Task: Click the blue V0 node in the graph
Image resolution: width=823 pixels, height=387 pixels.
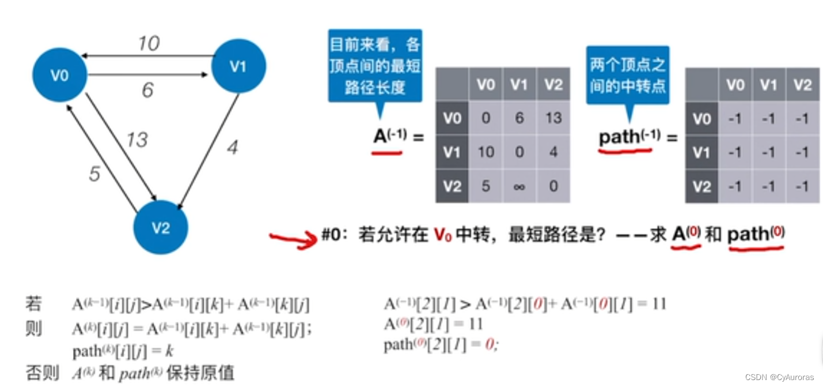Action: pos(60,75)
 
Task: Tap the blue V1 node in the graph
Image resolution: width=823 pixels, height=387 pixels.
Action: pos(238,66)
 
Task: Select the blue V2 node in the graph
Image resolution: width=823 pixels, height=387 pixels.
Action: pos(161,228)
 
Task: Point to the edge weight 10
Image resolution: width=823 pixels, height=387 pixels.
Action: pos(149,43)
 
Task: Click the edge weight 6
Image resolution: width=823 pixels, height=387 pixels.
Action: pos(148,90)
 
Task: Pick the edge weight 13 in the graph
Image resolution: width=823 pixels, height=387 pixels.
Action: pos(137,140)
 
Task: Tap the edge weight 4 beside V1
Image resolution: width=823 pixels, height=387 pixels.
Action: pos(232,148)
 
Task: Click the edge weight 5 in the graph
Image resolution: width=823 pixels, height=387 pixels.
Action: pos(94,174)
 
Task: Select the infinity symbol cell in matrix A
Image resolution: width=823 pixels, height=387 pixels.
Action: pos(519,186)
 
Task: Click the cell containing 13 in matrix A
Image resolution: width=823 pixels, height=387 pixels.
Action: pos(553,118)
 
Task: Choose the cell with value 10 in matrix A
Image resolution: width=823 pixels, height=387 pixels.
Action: pos(486,152)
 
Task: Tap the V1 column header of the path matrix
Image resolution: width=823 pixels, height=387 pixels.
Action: pos(768,85)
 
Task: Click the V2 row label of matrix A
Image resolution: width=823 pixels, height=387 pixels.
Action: pos(452,186)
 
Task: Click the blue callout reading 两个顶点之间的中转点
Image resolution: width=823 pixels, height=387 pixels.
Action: pos(628,76)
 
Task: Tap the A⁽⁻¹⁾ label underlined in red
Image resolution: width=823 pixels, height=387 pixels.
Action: pos(390,137)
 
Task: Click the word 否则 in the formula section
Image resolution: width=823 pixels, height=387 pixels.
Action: pos(42,373)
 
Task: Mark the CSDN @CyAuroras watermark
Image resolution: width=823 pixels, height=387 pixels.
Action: pos(779,377)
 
